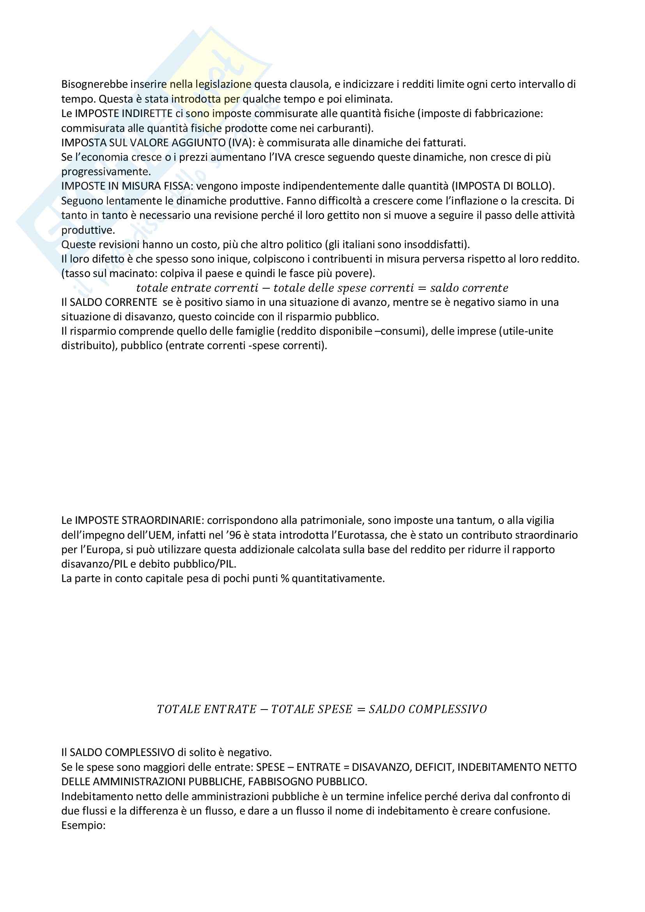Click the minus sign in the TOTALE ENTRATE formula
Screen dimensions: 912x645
point(264,710)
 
